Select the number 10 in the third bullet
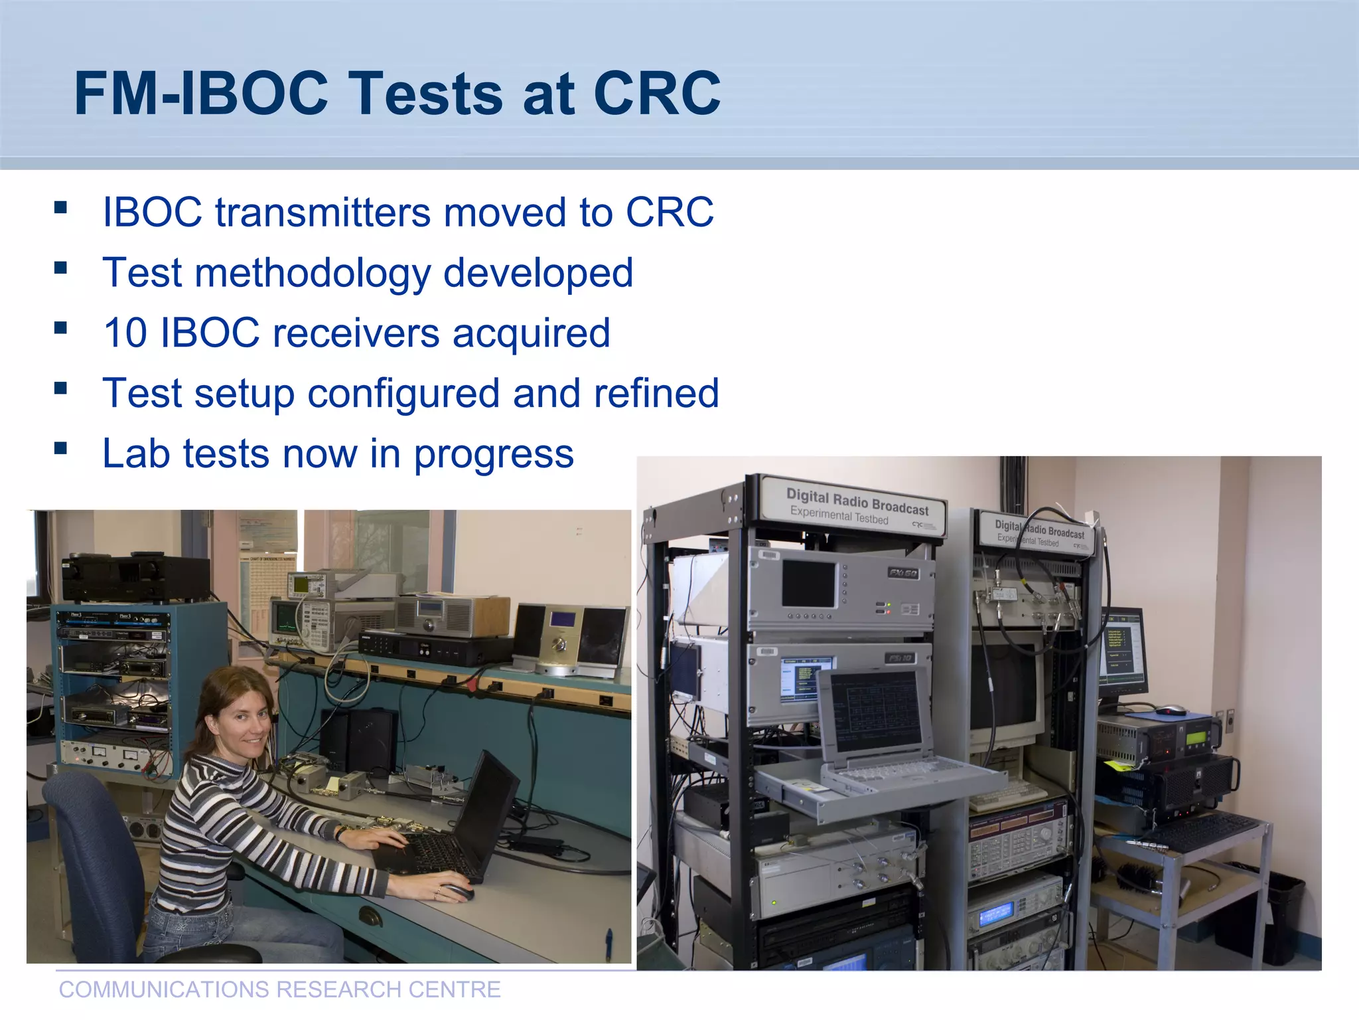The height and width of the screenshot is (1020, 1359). click(x=125, y=333)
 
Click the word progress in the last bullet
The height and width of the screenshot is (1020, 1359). click(x=494, y=455)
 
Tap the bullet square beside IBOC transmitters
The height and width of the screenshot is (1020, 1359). click(x=61, y=207)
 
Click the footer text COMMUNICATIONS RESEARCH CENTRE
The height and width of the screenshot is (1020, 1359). click(x=279, y=989)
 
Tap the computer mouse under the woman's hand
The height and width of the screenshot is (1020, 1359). click(x=458, y=892)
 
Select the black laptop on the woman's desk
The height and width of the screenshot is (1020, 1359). click(x=458, y=830)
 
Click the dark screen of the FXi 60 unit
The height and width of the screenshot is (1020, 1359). click(x=808, y=583)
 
